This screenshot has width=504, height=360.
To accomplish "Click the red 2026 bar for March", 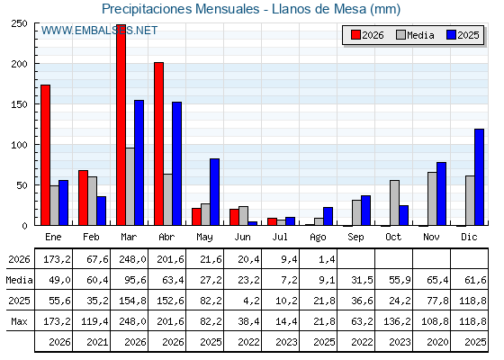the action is (x=121, y=125).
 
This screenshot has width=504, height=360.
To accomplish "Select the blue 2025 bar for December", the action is (x=479, y=177).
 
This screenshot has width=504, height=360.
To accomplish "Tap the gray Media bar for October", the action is (x=394, y=202).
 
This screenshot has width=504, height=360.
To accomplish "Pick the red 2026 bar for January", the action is (x=45, y=155).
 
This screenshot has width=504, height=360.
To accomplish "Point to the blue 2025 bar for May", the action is (x=214, y=192).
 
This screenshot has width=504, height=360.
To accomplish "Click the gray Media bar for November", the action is (x=432, y=199).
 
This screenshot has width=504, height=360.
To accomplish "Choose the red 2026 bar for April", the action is (x=158, y=144).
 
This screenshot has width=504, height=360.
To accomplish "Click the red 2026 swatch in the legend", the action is (x=355, y=35).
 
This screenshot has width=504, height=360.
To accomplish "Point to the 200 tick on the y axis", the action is (x=36, y=64).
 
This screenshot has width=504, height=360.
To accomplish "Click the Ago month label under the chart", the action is (x=318, y=238).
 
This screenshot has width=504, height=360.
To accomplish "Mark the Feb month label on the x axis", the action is (x=91, y=237).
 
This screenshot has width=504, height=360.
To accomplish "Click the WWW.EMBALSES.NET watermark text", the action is (x=99, y=31).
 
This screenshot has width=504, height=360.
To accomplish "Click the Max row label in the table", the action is (x=19, y=321).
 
